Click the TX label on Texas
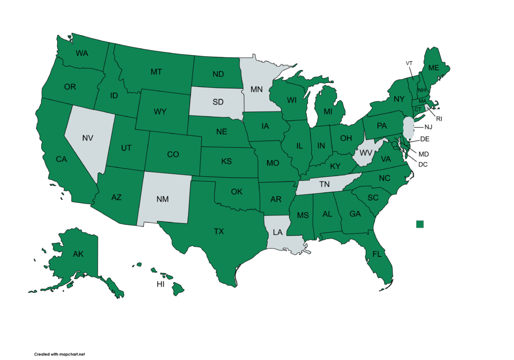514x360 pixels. point(218,231)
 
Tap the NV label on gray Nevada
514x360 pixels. point(88,137)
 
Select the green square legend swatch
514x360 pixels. point(420,224)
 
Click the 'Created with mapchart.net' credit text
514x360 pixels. point(56,354)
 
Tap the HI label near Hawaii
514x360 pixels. point(161,285)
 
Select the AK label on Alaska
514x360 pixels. point(78,254)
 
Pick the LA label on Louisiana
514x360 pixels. point(278,232)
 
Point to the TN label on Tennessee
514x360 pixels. point(325,185)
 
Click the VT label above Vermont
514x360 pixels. point(409,63)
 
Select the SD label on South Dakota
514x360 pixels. point(218,102)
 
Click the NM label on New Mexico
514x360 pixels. point(162,199)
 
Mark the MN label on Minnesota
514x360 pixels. point(256,89)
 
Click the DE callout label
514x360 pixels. point(425,139)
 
